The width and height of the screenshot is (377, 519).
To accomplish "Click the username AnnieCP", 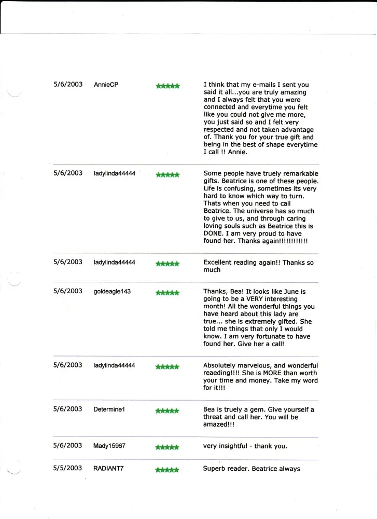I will [106, 85].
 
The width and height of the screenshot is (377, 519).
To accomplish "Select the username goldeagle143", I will [112, 292].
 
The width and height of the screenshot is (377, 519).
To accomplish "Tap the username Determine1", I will [109, 409].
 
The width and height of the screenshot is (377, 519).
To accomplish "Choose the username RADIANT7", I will [108, 469].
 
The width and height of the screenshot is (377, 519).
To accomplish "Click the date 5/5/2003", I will [67, 468].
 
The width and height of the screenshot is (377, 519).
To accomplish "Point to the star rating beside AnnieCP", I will [167, 86].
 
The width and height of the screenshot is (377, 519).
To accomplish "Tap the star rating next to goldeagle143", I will [167, 293].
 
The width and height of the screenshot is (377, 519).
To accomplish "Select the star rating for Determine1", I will [167, 411].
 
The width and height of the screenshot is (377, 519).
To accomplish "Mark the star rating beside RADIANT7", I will [167, 470].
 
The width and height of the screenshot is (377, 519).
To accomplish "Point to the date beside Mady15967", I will [67, 445].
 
